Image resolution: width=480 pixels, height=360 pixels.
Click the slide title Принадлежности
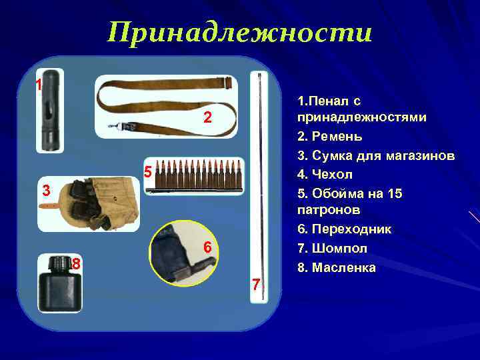pyautogui.click(x=240, y=32)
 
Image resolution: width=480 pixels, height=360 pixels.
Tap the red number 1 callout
pyautogui.click(x=39, y=85)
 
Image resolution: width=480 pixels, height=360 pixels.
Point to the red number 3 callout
pyautogui.click(x=45, y=190)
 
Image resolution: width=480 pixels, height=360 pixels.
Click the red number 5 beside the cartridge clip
pyautogui.click(x=149, y=171)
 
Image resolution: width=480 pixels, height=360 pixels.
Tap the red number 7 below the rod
pyautogui.click(x=255, y=285)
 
